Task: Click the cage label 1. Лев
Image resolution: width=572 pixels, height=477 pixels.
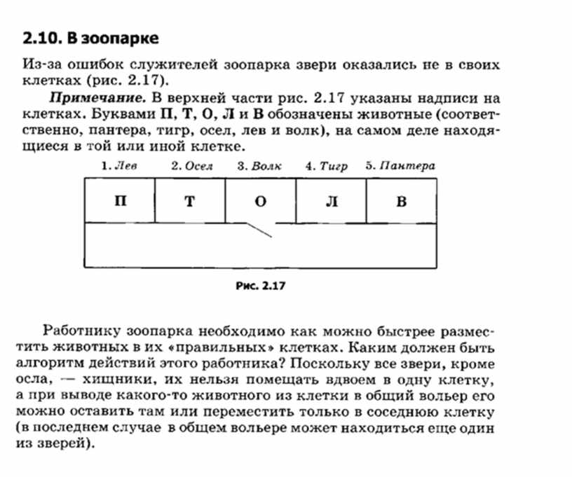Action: (118, 167)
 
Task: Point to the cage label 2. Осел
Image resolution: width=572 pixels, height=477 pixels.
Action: (192, 167)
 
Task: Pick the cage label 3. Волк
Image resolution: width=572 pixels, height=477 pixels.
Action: (259, 167)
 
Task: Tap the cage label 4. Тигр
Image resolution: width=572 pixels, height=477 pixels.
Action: (326, 167)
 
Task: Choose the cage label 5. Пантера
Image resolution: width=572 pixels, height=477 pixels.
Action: (400, 167)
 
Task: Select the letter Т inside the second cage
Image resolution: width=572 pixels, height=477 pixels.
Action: (189, 202)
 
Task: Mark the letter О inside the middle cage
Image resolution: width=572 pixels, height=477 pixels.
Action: (260, 202)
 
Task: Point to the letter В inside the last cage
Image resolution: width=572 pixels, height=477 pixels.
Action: (401, 202)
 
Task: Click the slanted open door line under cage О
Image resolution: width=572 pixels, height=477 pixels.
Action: (260, 230)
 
